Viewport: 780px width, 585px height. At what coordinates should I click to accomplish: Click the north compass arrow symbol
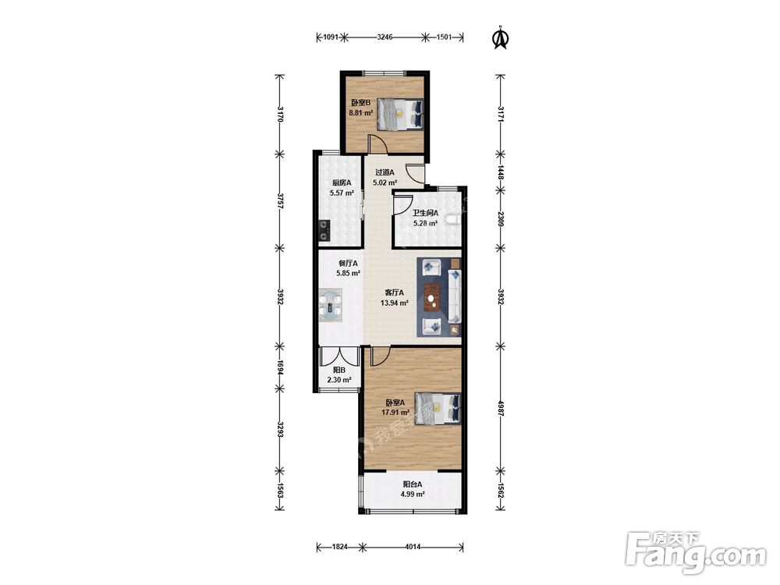501,38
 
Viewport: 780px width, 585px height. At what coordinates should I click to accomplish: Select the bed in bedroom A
438,409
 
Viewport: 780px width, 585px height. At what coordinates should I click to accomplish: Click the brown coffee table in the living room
432,297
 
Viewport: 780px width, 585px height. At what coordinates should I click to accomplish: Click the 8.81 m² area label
360,113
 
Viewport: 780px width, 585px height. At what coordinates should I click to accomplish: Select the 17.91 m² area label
395,413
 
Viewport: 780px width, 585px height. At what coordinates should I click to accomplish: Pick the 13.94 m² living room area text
395,303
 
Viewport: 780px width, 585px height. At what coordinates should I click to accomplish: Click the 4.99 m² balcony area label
413,494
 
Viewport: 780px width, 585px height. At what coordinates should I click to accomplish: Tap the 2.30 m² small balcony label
339,380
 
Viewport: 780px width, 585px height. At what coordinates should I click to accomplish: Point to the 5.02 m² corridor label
385,182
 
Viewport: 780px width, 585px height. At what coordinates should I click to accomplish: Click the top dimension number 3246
385,37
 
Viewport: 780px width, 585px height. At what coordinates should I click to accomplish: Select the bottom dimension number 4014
413,547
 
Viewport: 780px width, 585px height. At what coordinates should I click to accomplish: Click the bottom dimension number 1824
340,547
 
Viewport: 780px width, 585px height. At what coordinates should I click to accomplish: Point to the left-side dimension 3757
280,201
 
